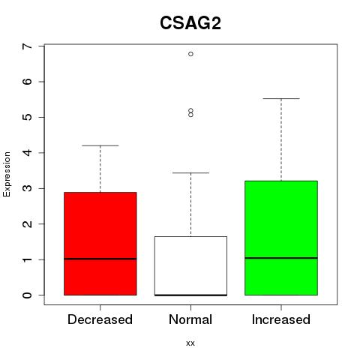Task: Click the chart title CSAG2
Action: [190, 23]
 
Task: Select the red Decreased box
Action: [100, 244]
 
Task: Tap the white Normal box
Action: [190, 266]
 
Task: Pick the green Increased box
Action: [281, 238]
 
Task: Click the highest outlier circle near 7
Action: [190, 54]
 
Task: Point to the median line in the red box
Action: [100, 259]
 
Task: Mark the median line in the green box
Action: [281, 258]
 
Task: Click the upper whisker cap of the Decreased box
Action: [100, 145]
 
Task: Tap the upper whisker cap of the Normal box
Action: [190, 172]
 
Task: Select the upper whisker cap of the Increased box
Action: [281, 98]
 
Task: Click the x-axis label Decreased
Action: [100, 319]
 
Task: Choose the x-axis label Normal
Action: [190, 319]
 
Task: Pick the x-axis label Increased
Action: [281, 319]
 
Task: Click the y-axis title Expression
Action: [7, 174]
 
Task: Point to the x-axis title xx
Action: [190, 343]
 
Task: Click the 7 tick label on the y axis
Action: [28, 46]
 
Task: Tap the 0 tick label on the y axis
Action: [28, 295]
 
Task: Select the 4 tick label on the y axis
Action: [28, 153]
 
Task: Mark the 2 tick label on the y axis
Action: [28, 224]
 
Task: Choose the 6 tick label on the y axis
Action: [28, 82]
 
